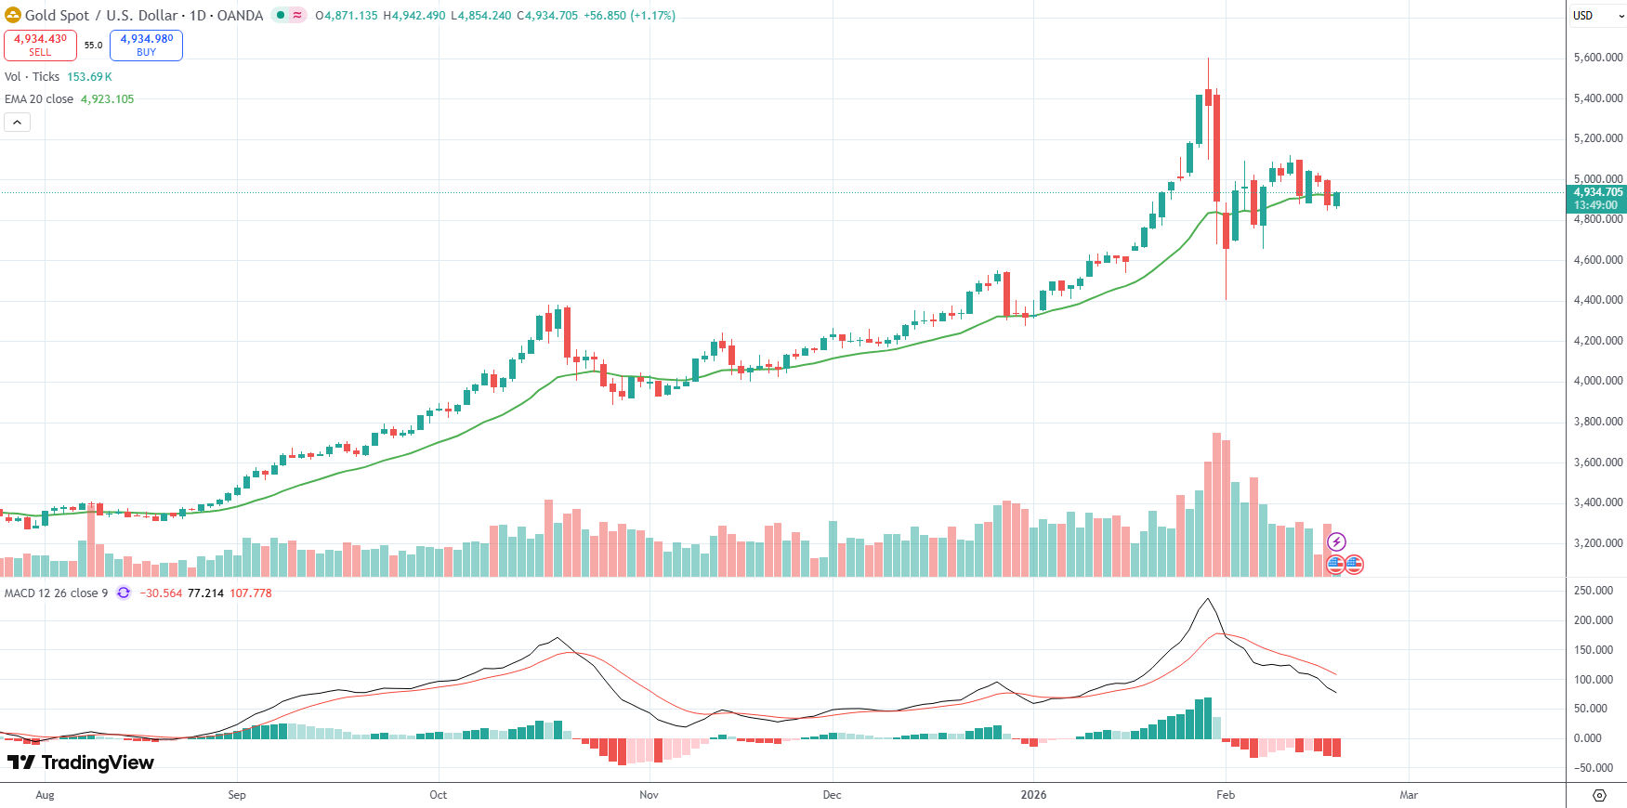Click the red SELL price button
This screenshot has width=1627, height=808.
pyautogui.click(x=40, y=45)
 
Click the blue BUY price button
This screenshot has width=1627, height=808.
pyautogui.click(x=146, y=45)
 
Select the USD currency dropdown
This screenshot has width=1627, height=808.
pyautogui.click(x=1595, y=16)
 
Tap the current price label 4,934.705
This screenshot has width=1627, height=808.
pyautogui.click(x=1597, y=192)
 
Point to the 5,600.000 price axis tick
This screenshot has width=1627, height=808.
pyautogui.click(x=1598, y=58)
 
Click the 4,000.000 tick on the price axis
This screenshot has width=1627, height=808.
pyautogui.click(x=1598, y=381)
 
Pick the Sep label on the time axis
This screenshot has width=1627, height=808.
pyautogui.click(x=237, y=795)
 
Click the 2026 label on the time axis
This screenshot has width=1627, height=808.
pyautogui.click(x=1033, y=795)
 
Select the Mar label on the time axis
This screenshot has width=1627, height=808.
pyautogui.click(x=1409, y=795)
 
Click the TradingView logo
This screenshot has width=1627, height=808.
pyautogui.click(x=81, y=762)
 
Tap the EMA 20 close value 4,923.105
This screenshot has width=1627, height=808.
pyautogui.click(x=107, y=99)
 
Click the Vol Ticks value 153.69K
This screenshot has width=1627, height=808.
pyautogui.click(x=89, y=77)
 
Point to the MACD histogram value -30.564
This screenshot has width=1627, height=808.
pyautogui.click(x=161, y=593)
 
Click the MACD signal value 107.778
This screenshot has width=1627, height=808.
pyautogui.click(x=251, y=593)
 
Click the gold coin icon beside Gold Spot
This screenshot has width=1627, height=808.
pyautogui.click(x=13, y=15)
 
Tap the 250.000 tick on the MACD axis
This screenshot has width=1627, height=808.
pyautogui.click(x=1594, y=591)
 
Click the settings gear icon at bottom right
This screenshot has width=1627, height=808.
pyautogui.click(x=1599, y=795)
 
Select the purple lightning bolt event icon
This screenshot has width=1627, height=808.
pyautogui.click(x=1336, y=542)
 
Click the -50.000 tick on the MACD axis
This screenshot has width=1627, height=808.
pyautogui.click(x=1594, y=768)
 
